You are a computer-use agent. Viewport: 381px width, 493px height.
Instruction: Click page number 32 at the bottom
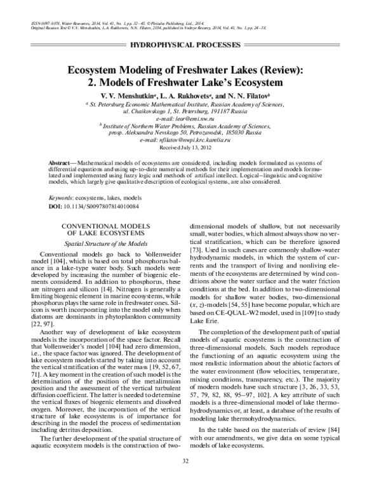pos(190,479)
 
